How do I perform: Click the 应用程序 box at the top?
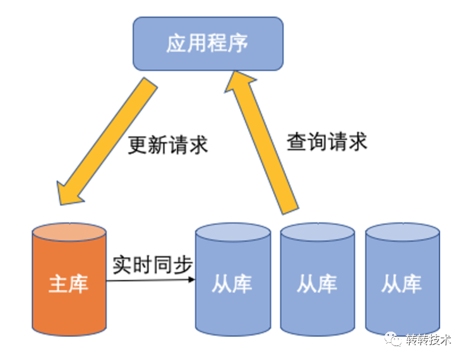click(x=208, y=44)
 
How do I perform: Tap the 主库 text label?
click(x=69, y=284)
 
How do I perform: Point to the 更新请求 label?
click(x=168, y=145)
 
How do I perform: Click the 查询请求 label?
click(x=326, y=141)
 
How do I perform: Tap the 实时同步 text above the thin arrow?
click(x=152, y=264)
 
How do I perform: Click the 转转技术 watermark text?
click(x=429, y=340)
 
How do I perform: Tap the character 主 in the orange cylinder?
click(x=59, y=284)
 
